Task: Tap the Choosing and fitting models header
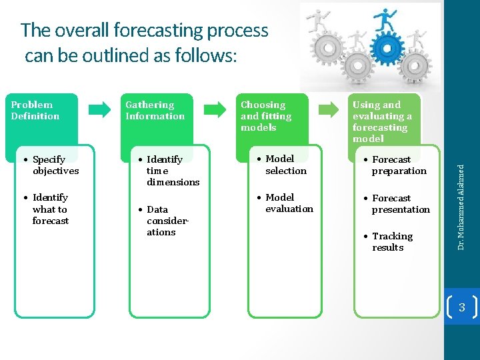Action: (274, 116)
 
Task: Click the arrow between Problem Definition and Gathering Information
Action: (101, 109)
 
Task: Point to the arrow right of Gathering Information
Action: (215, 109)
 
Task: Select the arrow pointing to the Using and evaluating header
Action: (329, 109)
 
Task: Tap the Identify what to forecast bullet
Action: (50, 209)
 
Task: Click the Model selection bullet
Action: (285, 165)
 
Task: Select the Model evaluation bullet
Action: (289, 203)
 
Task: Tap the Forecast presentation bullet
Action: (401, 204)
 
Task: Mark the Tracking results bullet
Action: (392, 242)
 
